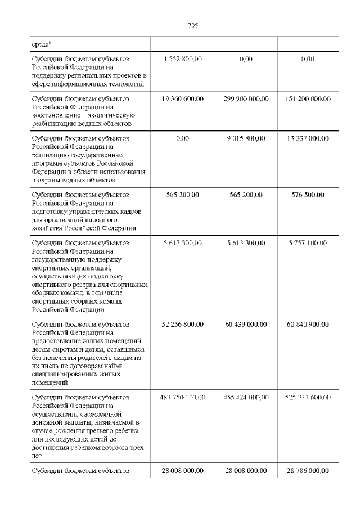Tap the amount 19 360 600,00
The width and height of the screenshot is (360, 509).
click(182, 98)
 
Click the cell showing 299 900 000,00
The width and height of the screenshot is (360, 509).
click(246, 98)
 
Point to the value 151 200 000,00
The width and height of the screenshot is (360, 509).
click(308, 98)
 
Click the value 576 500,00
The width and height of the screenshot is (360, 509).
click(308, 195)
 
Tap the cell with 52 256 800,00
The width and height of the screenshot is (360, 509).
click(182, 325)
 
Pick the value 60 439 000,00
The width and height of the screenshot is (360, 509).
click(246, 325)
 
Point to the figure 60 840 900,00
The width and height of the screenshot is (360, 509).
click(308, 325)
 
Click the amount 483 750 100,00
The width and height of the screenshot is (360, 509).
click(182, 398)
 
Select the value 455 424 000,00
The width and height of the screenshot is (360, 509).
click(246, 398)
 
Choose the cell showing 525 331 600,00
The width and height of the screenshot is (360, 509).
click(308, 398)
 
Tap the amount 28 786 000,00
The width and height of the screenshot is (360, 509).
click(308, 471)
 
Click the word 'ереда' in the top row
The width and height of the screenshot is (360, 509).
click(41, 43)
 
